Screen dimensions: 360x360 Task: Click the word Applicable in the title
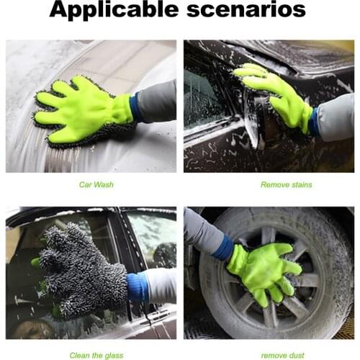click(x=115, y=11)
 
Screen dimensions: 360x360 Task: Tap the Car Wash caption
click(x=96, y=185)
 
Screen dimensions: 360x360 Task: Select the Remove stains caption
click(x=286, y=185)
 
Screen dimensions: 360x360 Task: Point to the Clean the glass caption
click(x=96, y=355)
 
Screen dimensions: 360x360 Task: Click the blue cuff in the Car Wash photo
click(x=135, y=108)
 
